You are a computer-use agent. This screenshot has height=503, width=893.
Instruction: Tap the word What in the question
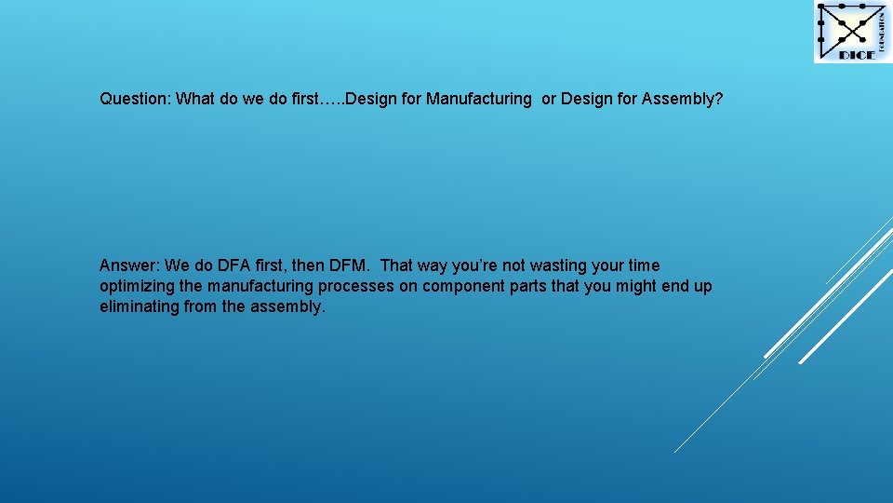[x=195, y=99]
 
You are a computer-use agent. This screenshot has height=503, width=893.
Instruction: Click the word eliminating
[x=140, y=306]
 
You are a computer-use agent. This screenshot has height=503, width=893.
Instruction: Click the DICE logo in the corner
[x=852, y=33]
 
